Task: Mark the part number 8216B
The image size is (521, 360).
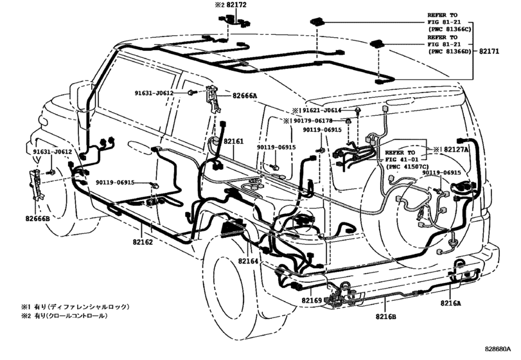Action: pyautogui.click(x=385, y=317)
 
